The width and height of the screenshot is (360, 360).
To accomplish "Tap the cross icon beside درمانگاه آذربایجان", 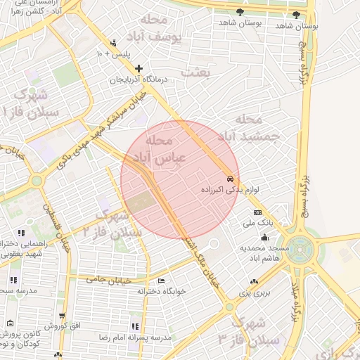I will [139, 69].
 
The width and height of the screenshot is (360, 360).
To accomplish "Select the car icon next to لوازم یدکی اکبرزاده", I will [231, 179].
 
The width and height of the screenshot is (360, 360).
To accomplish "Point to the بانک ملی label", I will [257, 223].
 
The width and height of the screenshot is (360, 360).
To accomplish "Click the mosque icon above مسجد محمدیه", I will [264, 236].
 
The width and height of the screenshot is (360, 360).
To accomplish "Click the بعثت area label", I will [196, 72].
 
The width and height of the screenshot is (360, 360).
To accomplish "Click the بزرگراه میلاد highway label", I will [297, 296].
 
